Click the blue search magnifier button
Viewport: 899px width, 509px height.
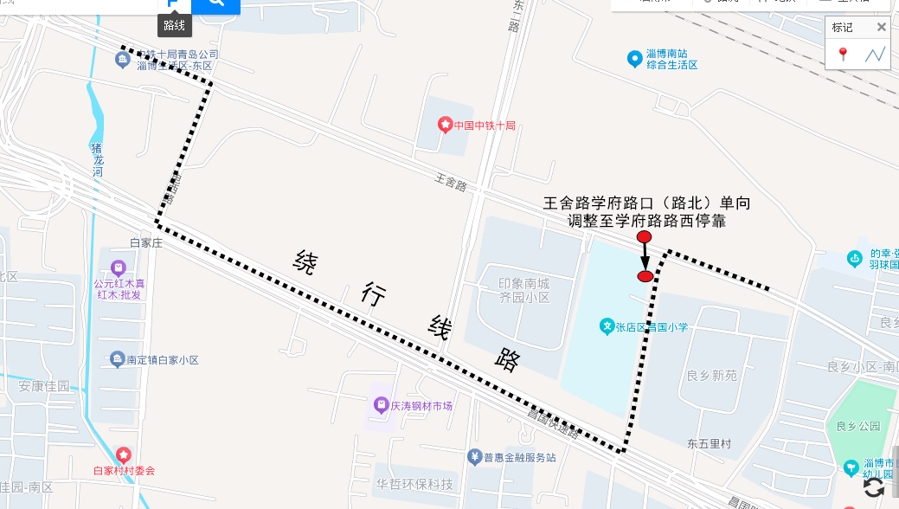(215, 4)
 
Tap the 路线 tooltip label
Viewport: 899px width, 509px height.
(175, 26)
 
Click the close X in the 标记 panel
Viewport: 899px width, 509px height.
(881, 27)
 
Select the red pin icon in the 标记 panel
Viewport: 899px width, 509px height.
(843, 55)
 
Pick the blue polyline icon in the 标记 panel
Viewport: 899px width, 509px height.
(875, 55)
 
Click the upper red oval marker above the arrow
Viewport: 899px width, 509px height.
(644, 237)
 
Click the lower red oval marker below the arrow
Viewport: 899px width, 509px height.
(645, 276)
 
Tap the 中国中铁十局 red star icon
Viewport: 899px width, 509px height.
(445, 126)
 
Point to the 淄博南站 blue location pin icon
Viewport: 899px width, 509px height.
(634, 59)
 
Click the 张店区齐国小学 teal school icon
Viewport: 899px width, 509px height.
(607, 326)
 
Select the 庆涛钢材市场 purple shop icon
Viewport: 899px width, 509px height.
(380, 404)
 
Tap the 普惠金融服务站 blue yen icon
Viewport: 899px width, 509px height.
(474, 456)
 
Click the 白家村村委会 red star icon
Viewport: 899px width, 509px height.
(123, 454)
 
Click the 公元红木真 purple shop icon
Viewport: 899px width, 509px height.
(119, 267)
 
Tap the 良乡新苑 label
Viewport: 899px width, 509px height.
(711, 376)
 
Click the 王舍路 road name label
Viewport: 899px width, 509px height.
(450, 184)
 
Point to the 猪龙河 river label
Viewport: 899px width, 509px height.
(97, 159)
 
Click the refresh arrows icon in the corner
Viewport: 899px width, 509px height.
(874, 487)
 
